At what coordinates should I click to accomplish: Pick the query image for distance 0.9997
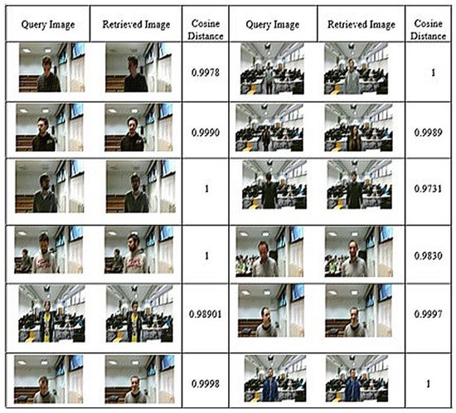(x=269, y=313)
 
